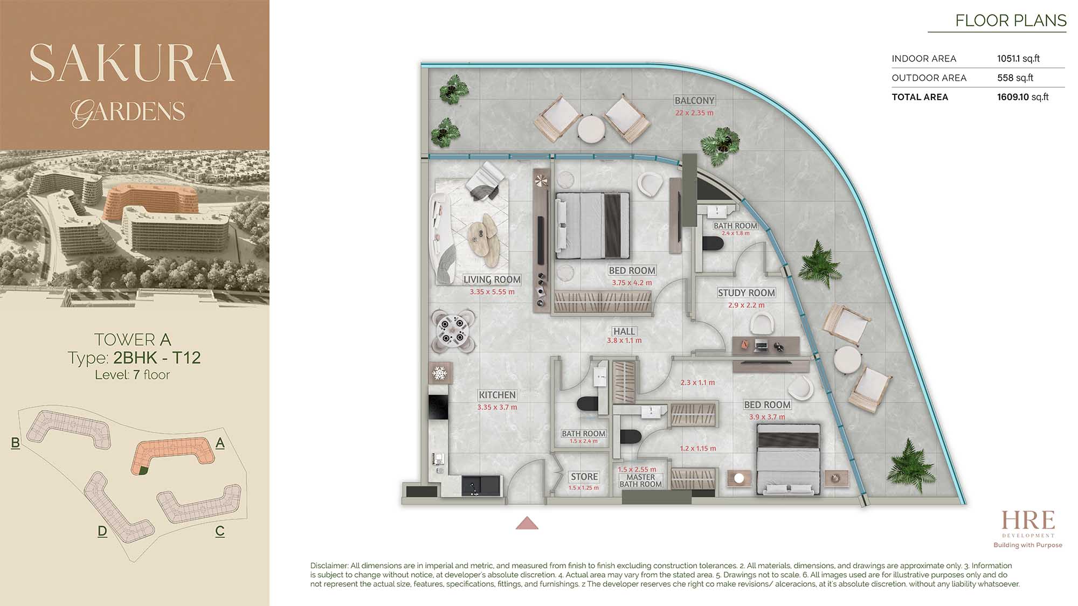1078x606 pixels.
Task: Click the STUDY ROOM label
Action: pyautogui.click(x=747, y=292)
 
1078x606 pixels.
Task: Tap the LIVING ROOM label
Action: pyautogui.click(x=492, y=280)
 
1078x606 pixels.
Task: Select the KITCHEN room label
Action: pyautogui.click(x=497, y=395)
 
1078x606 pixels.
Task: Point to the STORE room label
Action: pyautogui.click(x=584, y=477)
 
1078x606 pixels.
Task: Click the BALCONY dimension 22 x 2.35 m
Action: pyautogui.click(x=694, y=113)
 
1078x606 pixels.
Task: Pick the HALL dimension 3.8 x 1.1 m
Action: pyautogui.click(x=624, y=340)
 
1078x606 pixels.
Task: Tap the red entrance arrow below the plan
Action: pyautogui.click(x=527, y=523)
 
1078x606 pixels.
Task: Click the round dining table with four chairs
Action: pyautogui.click(x=453, y=330)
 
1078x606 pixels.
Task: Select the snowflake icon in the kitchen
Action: pyautogui.click(x=440, y=373)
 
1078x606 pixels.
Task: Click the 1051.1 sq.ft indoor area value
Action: pyautogui.click(x=1018, y=58)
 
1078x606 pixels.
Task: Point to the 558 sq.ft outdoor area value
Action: pyautogui.click(x=1015, y=78)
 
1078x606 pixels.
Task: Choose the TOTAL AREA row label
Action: pyautogui.click(x=920, y=97)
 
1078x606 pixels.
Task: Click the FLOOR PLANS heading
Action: pyautogui.click(x=1011, y=20)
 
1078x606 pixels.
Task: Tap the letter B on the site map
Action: pyautogui.click(x=16, y=443)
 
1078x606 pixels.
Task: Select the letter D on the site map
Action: pyautogui.click(x=102, y=531)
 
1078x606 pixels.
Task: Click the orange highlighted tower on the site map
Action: pyautogui.click(x=171, y=454)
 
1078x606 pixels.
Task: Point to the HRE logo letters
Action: pyautogui.click(x=1028, y=520)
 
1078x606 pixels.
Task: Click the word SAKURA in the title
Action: pyautogui.click(x=132, y=63)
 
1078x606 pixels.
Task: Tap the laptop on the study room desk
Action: pyautogui.click(x=761, y=345)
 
